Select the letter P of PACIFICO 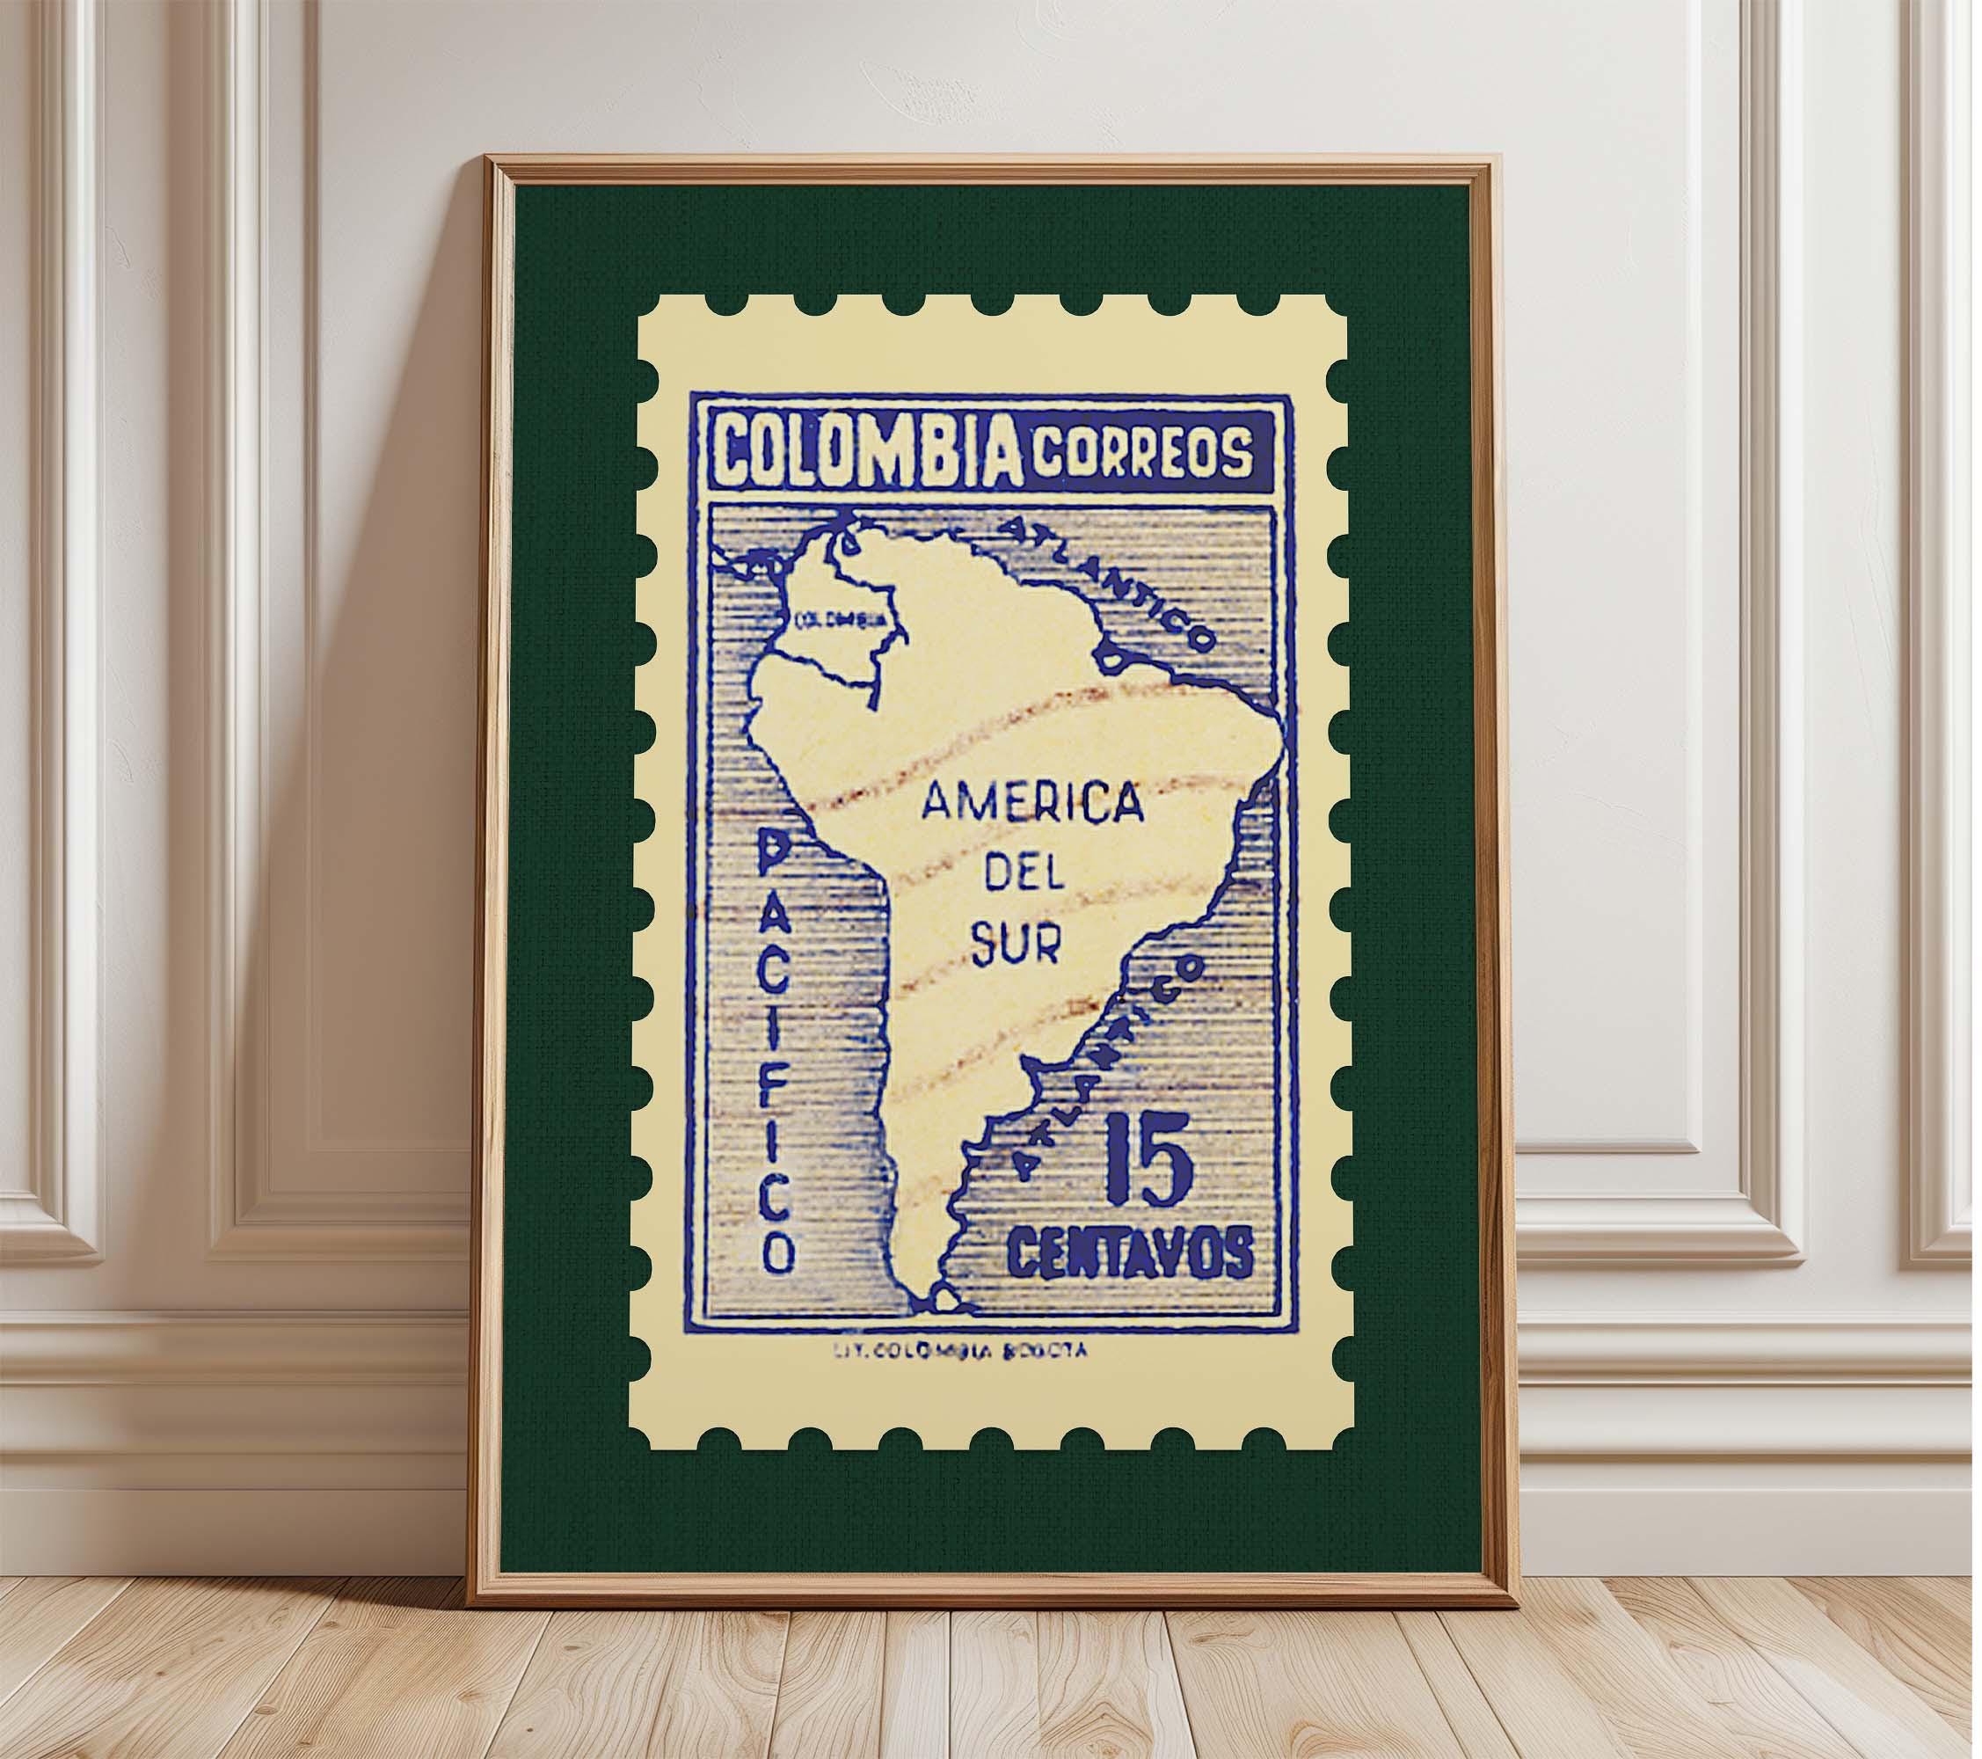pos(776,853)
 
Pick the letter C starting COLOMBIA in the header pos(735,453)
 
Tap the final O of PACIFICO pos(777,1252)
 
